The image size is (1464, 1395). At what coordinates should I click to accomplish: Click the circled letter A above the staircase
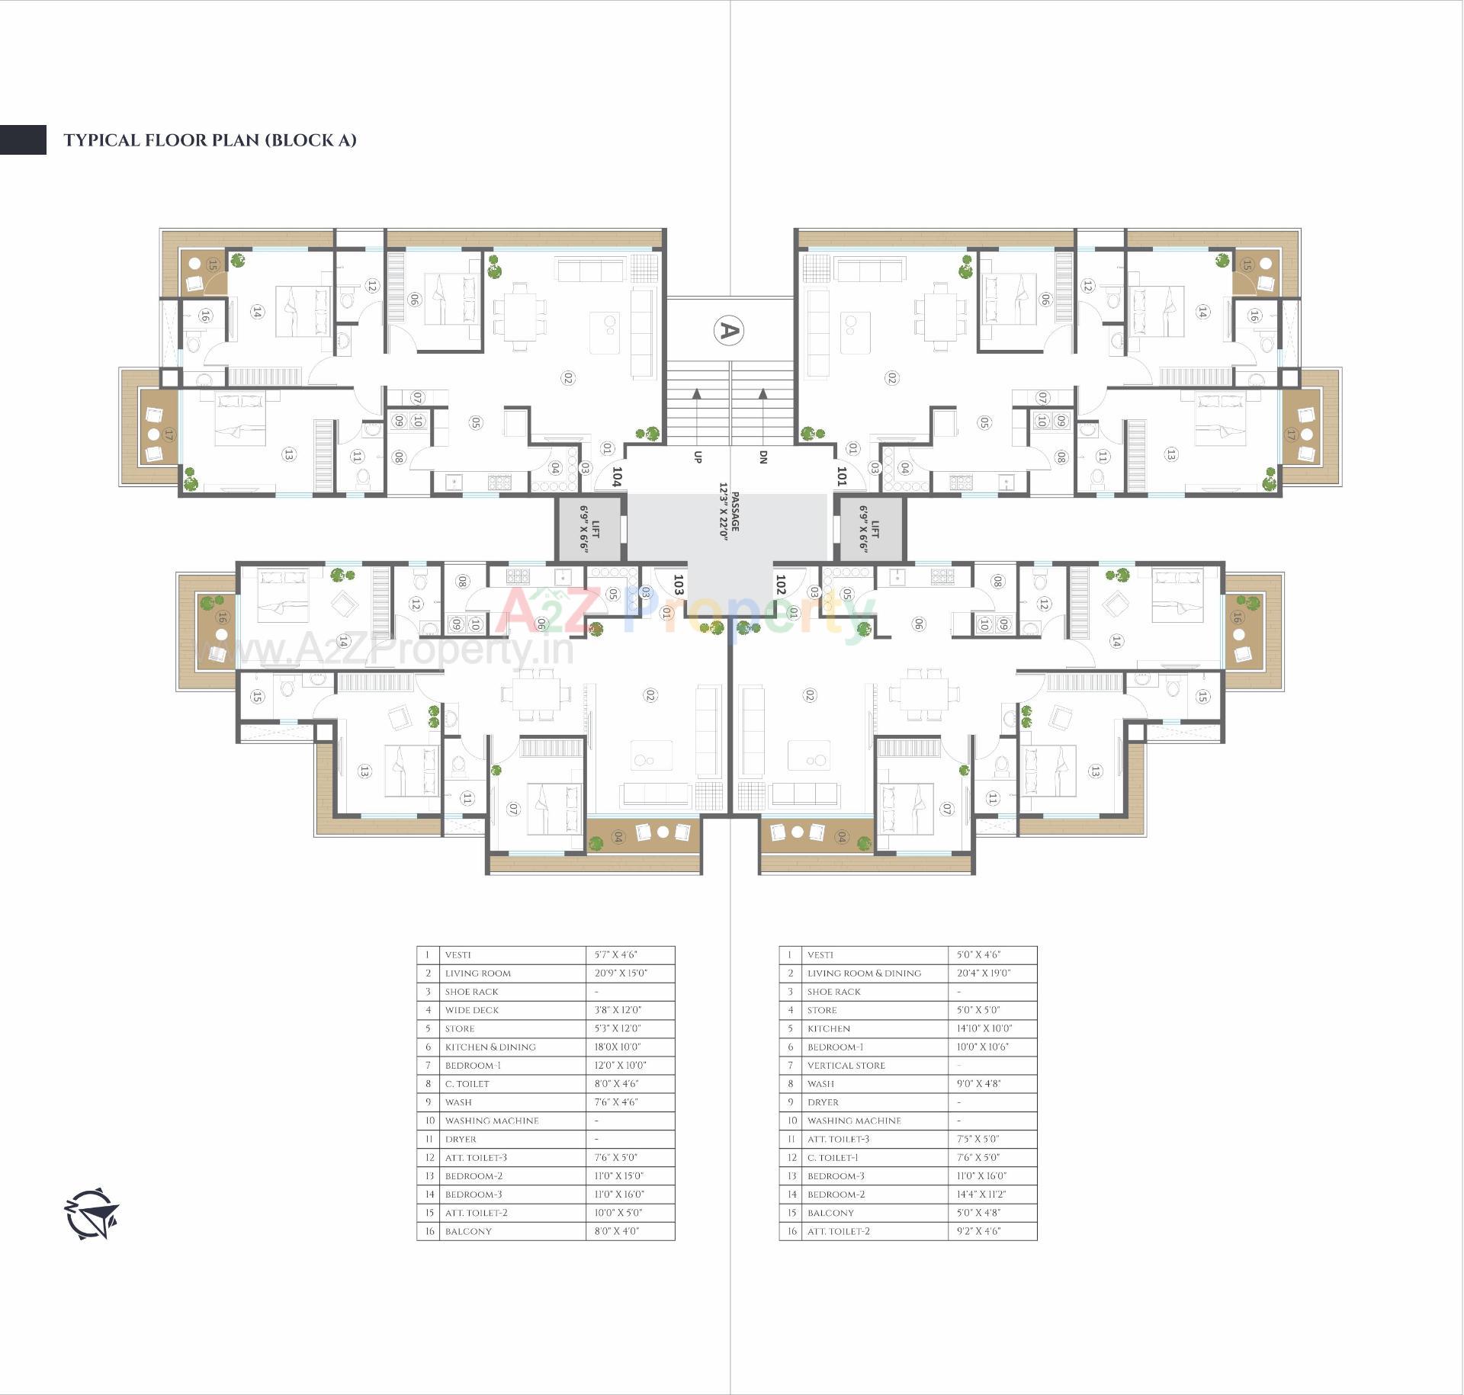click(728, 330)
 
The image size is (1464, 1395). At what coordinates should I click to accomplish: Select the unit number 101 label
click(842, 477)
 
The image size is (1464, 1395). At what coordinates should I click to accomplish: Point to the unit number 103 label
click(678, 585)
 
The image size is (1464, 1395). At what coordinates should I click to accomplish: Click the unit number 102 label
click(780, 585)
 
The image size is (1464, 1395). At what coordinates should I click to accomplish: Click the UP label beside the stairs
click(697, 457)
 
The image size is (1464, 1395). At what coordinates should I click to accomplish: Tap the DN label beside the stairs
click(762, 457)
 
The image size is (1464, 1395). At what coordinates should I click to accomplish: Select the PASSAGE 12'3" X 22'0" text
click(730, 517)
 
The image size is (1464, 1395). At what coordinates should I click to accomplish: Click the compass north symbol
click(91, 1214)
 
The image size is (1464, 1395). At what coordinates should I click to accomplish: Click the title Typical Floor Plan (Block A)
click(210, 140)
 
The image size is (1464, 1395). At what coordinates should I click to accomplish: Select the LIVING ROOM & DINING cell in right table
click(864, 973)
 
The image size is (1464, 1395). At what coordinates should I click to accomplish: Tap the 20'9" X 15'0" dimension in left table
click(621, 973)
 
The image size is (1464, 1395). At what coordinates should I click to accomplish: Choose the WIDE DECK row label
click(472, 1010)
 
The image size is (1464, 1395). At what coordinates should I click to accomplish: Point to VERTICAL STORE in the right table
click(846, 1066)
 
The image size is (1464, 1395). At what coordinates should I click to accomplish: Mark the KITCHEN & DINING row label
click(490, 1047)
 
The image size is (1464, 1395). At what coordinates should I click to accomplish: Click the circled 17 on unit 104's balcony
click(169, 435)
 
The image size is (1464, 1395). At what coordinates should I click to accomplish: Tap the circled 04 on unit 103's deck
click(618, 837)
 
